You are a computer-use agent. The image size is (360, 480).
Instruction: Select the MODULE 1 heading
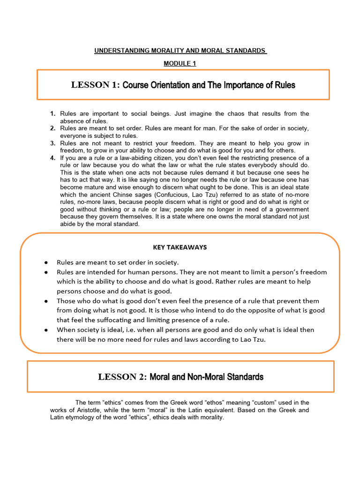coord(180,64)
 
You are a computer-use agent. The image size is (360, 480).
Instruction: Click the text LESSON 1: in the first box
coord(96,85)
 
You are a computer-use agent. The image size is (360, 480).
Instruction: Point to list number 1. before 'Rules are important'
coord(53,114)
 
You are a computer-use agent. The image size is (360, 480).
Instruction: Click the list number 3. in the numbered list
coord(53,143)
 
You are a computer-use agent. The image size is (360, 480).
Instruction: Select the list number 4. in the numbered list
coord(53,158)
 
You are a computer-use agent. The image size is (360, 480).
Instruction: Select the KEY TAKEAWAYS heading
coord(180,247)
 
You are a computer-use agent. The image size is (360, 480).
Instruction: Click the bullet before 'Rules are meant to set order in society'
coord(45,262)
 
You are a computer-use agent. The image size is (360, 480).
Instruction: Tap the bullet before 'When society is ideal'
coord(45,330)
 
